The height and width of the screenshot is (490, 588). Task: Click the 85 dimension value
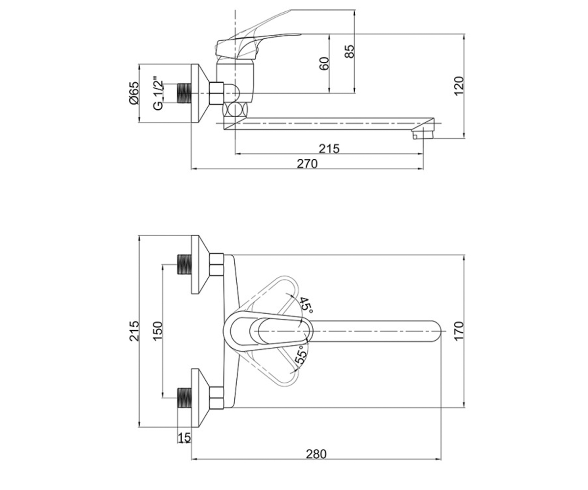click(350, 51)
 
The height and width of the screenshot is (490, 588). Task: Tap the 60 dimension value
click(324, 64)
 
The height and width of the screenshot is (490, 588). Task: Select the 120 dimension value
click(459, 86)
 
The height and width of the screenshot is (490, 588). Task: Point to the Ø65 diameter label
click(134, 93)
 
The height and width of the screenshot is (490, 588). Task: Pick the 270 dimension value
click(307, 164)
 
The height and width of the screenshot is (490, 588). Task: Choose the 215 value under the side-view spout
click(329, 148)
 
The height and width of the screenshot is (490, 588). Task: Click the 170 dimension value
click(459, 331)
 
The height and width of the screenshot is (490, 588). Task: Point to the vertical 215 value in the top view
click(134, 331)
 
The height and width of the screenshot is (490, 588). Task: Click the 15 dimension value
click(184, 438)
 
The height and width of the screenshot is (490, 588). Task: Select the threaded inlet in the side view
click(184, 93)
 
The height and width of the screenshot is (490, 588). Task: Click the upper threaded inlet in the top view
click(184, 265)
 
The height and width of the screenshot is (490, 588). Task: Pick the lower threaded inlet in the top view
click(184, 398)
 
